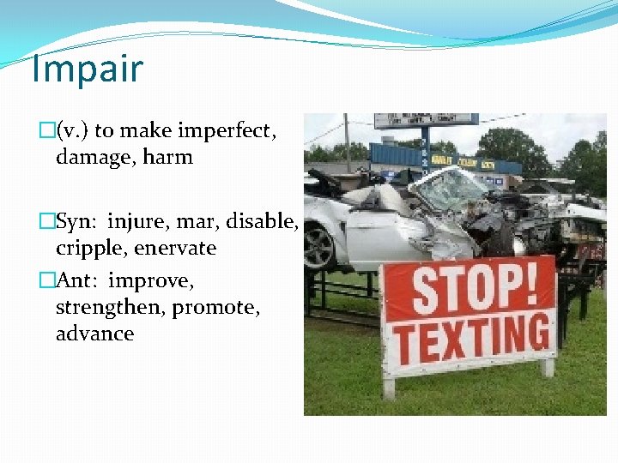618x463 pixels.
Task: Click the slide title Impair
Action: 87,69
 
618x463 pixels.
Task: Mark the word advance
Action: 94,334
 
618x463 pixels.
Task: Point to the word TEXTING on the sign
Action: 470,340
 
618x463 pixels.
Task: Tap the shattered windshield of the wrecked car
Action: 447,191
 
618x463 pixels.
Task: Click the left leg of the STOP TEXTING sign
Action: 389,387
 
